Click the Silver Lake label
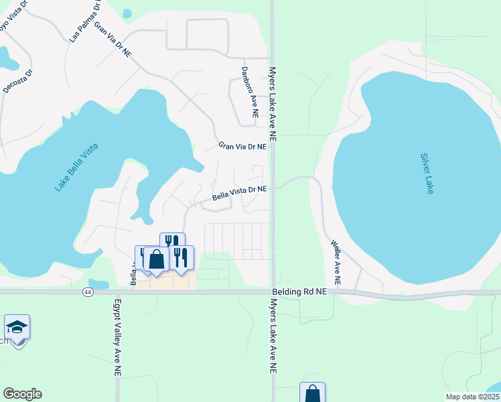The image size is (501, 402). [427, 174]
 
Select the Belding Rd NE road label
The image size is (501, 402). [299, 292]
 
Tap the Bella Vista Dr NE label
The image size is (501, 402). [240, 193]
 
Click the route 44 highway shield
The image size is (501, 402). [88, 292]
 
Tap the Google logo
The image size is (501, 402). [22, 394]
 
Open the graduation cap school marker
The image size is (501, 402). [17, 328]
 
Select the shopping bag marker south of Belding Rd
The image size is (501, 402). [312, 394]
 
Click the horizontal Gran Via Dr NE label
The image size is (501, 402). [242, 146]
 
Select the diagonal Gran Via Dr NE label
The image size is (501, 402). [113, 39]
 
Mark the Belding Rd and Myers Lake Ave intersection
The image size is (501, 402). [273, 292]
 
